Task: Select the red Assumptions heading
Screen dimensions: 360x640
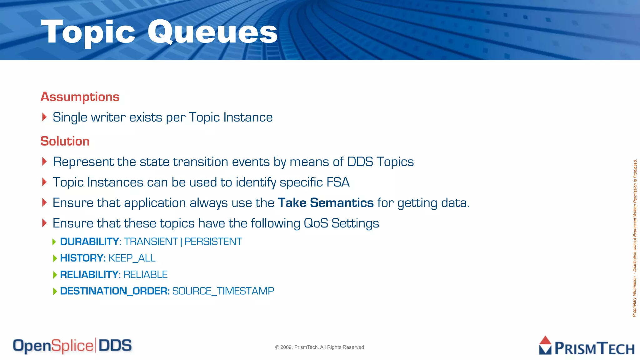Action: click(x=80, y=97)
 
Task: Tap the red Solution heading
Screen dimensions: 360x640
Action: click(x=65, y=141)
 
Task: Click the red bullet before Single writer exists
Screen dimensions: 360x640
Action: click(x=44, y=117)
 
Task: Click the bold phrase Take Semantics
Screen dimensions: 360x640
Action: click(x=326, y=203)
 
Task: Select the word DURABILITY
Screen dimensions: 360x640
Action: click(x=89, y=242)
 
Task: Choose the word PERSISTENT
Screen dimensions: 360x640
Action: click(x=213, y=242)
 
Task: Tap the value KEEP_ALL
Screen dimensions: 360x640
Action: click(x=132, y=258)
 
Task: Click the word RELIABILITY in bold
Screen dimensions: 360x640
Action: click(x=89, y=275)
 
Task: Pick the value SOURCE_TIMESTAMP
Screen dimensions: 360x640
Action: click(x=223, y=291)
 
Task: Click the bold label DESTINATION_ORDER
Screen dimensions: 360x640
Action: click(x=115, y=291)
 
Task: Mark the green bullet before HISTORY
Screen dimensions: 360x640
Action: click(x=55, y=258)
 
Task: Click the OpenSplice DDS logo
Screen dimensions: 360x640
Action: click(x=72, y=346)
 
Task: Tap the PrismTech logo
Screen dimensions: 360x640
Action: click(x=587, y=346)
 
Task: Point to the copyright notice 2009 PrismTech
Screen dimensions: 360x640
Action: click(x=319, y=347)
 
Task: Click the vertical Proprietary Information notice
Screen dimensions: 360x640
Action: click(x=635, y=238)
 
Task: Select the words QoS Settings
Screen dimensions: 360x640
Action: click(x=341, y=223)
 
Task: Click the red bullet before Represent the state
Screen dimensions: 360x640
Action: click(x=44, y=162)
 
